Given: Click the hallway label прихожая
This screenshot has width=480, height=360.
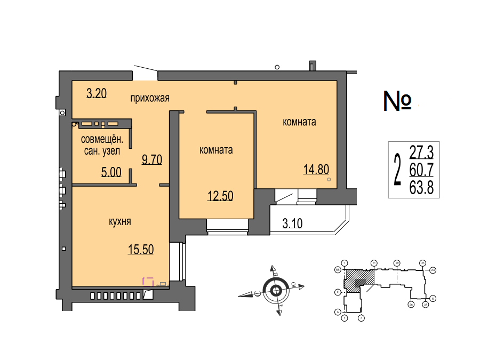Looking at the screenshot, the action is click(x=150, y=98).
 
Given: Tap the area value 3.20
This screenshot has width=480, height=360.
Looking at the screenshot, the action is click(x=97, y=94).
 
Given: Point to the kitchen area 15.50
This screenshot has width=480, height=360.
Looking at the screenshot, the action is click(x=141, y=249).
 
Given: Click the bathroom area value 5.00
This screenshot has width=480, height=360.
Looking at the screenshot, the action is click(x=111, y=172).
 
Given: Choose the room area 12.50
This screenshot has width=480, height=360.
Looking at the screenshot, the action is click(x=220, y=196).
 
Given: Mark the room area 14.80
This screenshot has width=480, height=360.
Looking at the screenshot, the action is click(x=316, y=170).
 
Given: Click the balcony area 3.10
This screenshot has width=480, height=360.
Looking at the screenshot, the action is click(x=292, y=223).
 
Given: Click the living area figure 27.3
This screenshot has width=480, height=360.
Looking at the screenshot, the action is click(x=421, y=153).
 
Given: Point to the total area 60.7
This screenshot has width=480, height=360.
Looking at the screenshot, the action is click(x=421, y=170).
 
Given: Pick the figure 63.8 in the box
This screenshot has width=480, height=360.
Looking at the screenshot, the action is click(x=421, y=187).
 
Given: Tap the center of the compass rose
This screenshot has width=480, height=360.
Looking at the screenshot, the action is click(x=276, y=290).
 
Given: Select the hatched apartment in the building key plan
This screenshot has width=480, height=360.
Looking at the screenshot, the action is click(x=358, y=281).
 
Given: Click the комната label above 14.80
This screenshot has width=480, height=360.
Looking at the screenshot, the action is click(x=299, y=122).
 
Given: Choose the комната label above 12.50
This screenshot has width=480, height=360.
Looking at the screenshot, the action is click(x=215, y=150).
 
